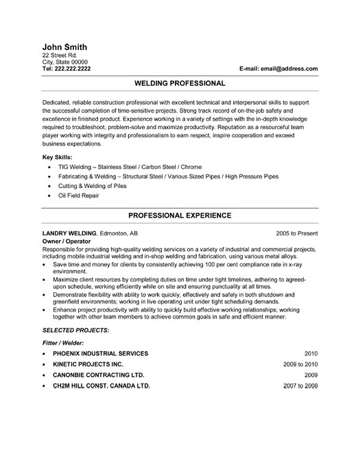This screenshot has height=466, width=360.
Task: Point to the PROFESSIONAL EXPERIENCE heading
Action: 180,215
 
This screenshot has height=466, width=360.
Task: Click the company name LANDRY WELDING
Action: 69,233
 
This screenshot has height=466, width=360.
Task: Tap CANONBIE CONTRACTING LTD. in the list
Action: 98,376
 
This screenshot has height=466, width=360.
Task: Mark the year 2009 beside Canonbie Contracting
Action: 310,376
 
